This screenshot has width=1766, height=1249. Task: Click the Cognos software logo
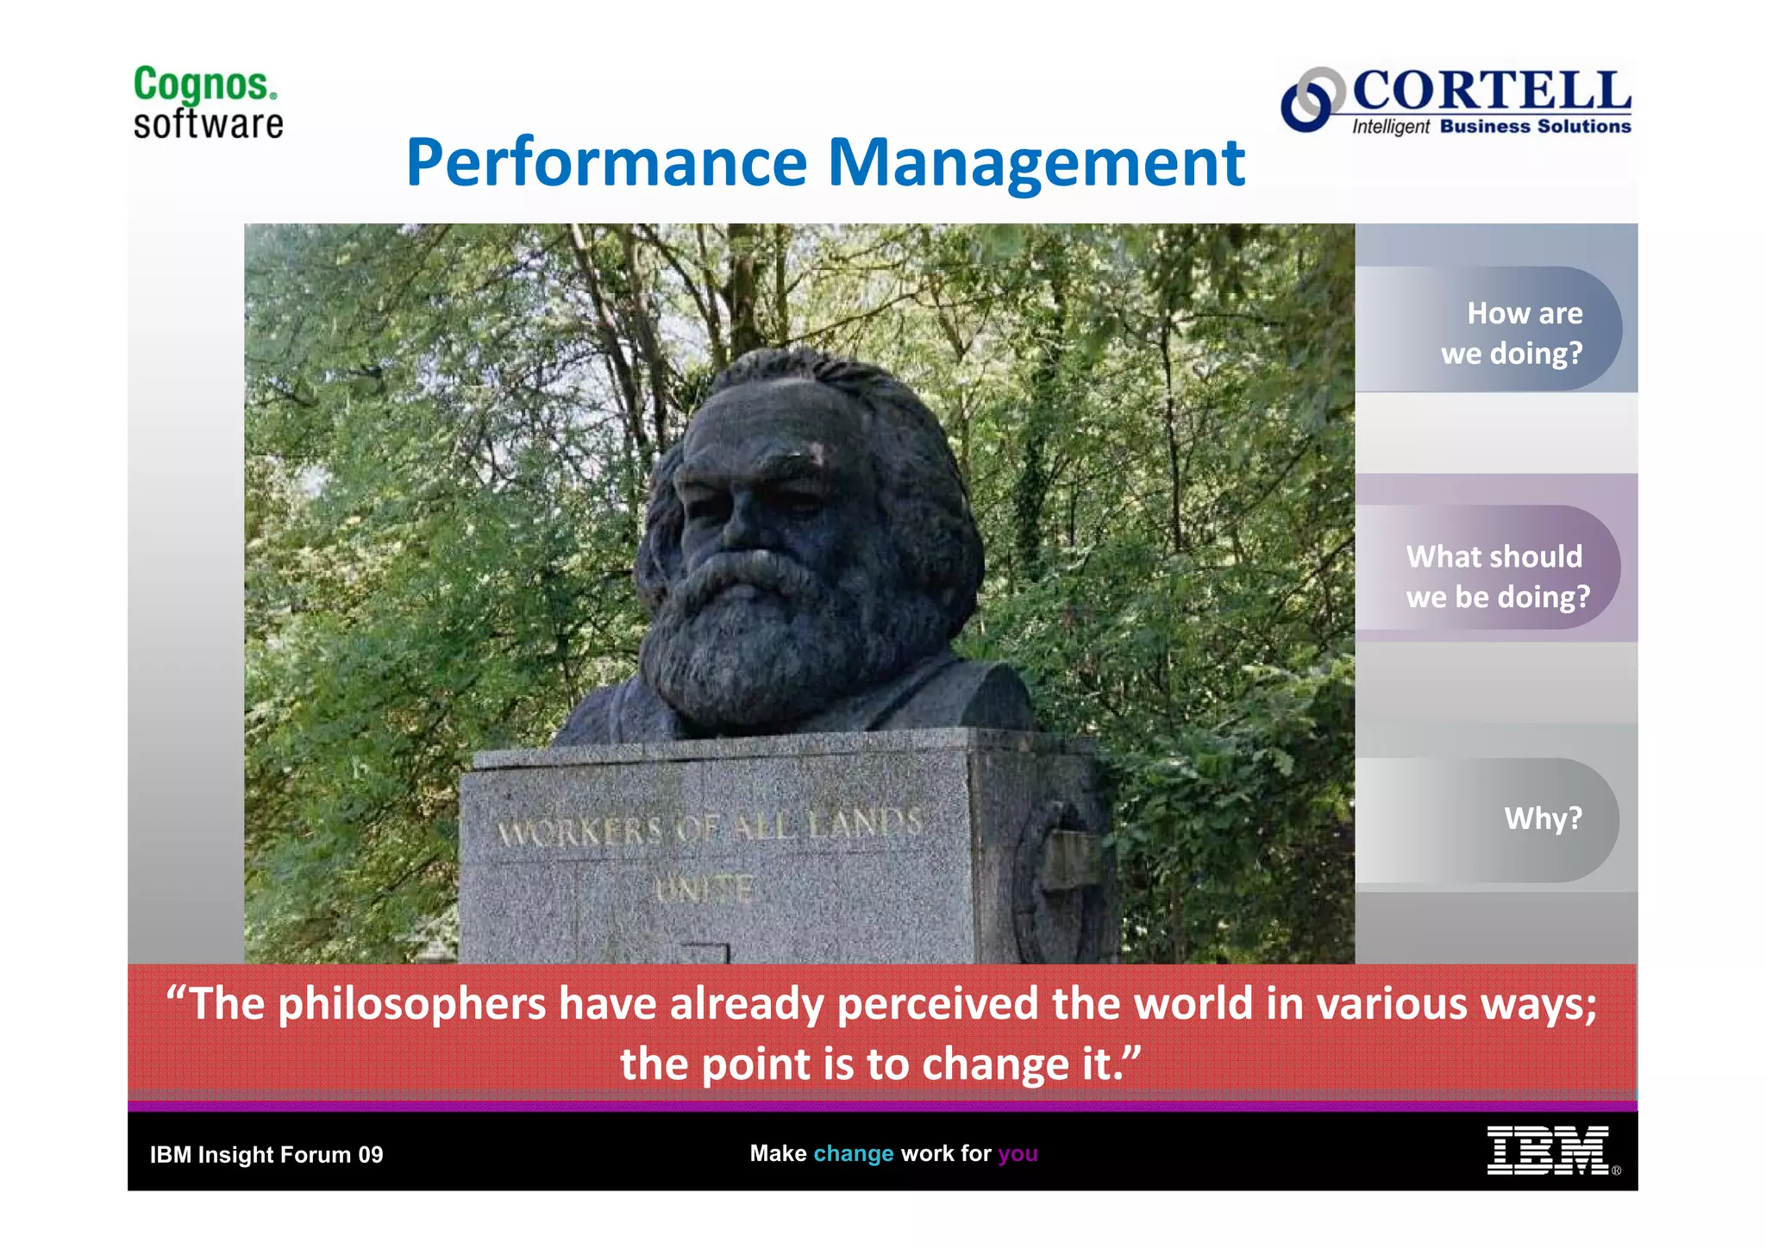tap(208, 103)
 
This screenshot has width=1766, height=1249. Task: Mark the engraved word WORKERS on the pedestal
tap(579, 832)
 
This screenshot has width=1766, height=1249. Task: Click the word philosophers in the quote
tap(412, 1004)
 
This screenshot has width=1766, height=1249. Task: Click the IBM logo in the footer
tap(1547, 1151)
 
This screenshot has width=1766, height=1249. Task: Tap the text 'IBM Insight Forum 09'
tap(266, 1155)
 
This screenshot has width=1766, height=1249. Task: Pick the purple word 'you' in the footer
tap(1018, 1153)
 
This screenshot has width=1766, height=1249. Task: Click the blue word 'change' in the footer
tap(853, 1153)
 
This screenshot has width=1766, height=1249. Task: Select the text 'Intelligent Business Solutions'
tap(1491, 127)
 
